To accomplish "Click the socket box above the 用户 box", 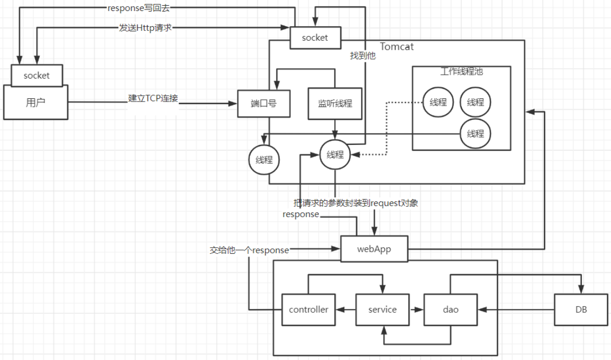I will click(37, 75).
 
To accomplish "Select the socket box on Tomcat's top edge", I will click(315, 38).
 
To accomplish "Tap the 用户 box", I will click(36, 102).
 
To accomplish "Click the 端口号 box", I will click(263, 103).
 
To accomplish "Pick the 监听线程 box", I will click(335, 103).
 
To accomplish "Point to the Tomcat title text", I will click(397, 47).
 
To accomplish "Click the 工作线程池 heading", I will click(461, 72).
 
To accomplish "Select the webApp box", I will click(374, 249).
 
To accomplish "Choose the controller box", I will click(309, 309).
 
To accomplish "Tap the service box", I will click(382, 309).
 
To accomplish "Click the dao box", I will click(450, 309).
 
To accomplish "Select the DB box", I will click(580, 309).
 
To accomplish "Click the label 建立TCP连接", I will click(153, 98).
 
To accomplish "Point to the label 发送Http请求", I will click(145, 28).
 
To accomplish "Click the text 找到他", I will click(363, 56).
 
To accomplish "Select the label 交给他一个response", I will click(249, 250).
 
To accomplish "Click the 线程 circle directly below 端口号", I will click(264, 160).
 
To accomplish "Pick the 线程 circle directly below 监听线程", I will click(335, 154).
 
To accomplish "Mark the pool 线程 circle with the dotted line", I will click(438, 102).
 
